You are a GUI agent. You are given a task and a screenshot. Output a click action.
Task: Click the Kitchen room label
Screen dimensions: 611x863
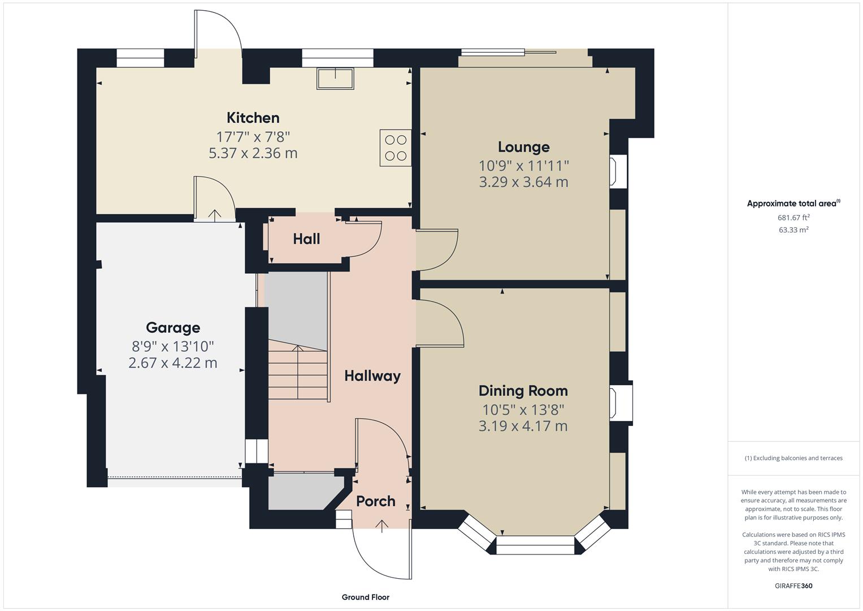pyautogui.click(x=253, y=118)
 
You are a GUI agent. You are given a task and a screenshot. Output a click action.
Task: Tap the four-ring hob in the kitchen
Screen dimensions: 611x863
pyautogui.click(x=395, y=148)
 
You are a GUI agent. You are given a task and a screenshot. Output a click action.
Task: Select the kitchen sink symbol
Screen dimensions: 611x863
pyautogui.click(x=335, y=78)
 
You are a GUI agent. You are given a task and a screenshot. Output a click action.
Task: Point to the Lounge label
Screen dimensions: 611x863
pyautogui.click(x=523, y=147)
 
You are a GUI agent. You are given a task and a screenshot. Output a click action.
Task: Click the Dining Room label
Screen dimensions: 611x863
pyautogui.click(x=523, y=391)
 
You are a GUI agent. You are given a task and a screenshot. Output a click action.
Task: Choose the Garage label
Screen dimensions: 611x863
pyautogui.click(x=172, y=328)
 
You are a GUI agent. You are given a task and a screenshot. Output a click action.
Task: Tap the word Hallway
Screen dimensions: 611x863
pyautogui.click(x=372, y=376)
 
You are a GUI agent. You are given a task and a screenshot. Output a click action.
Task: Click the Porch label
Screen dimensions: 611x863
pyautogui.click(x=375, y=501)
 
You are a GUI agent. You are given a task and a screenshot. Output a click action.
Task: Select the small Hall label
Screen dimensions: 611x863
pyautogui.click(x=306, y=239)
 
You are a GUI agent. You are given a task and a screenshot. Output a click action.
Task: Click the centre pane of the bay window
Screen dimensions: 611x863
pyautogui.click(x=535, y=548)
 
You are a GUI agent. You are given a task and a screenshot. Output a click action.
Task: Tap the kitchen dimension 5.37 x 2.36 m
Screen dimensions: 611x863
pyautogui.click(x=253, y=153)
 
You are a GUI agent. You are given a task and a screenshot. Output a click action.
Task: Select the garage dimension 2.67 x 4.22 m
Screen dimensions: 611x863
pyautogui.click(x=172, y=363)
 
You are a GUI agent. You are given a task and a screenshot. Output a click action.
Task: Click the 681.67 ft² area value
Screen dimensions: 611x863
pyautogui.click(x=793, y=217)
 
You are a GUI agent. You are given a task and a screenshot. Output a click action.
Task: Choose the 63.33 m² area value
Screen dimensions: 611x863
pyautogui.click(x=793, y=230)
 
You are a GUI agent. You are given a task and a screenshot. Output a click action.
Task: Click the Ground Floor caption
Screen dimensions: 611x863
pyautogui.click(x=365, y=597)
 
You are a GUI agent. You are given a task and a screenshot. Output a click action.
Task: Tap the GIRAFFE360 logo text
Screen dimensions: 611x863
pyautogui.click(x=793, y=586)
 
